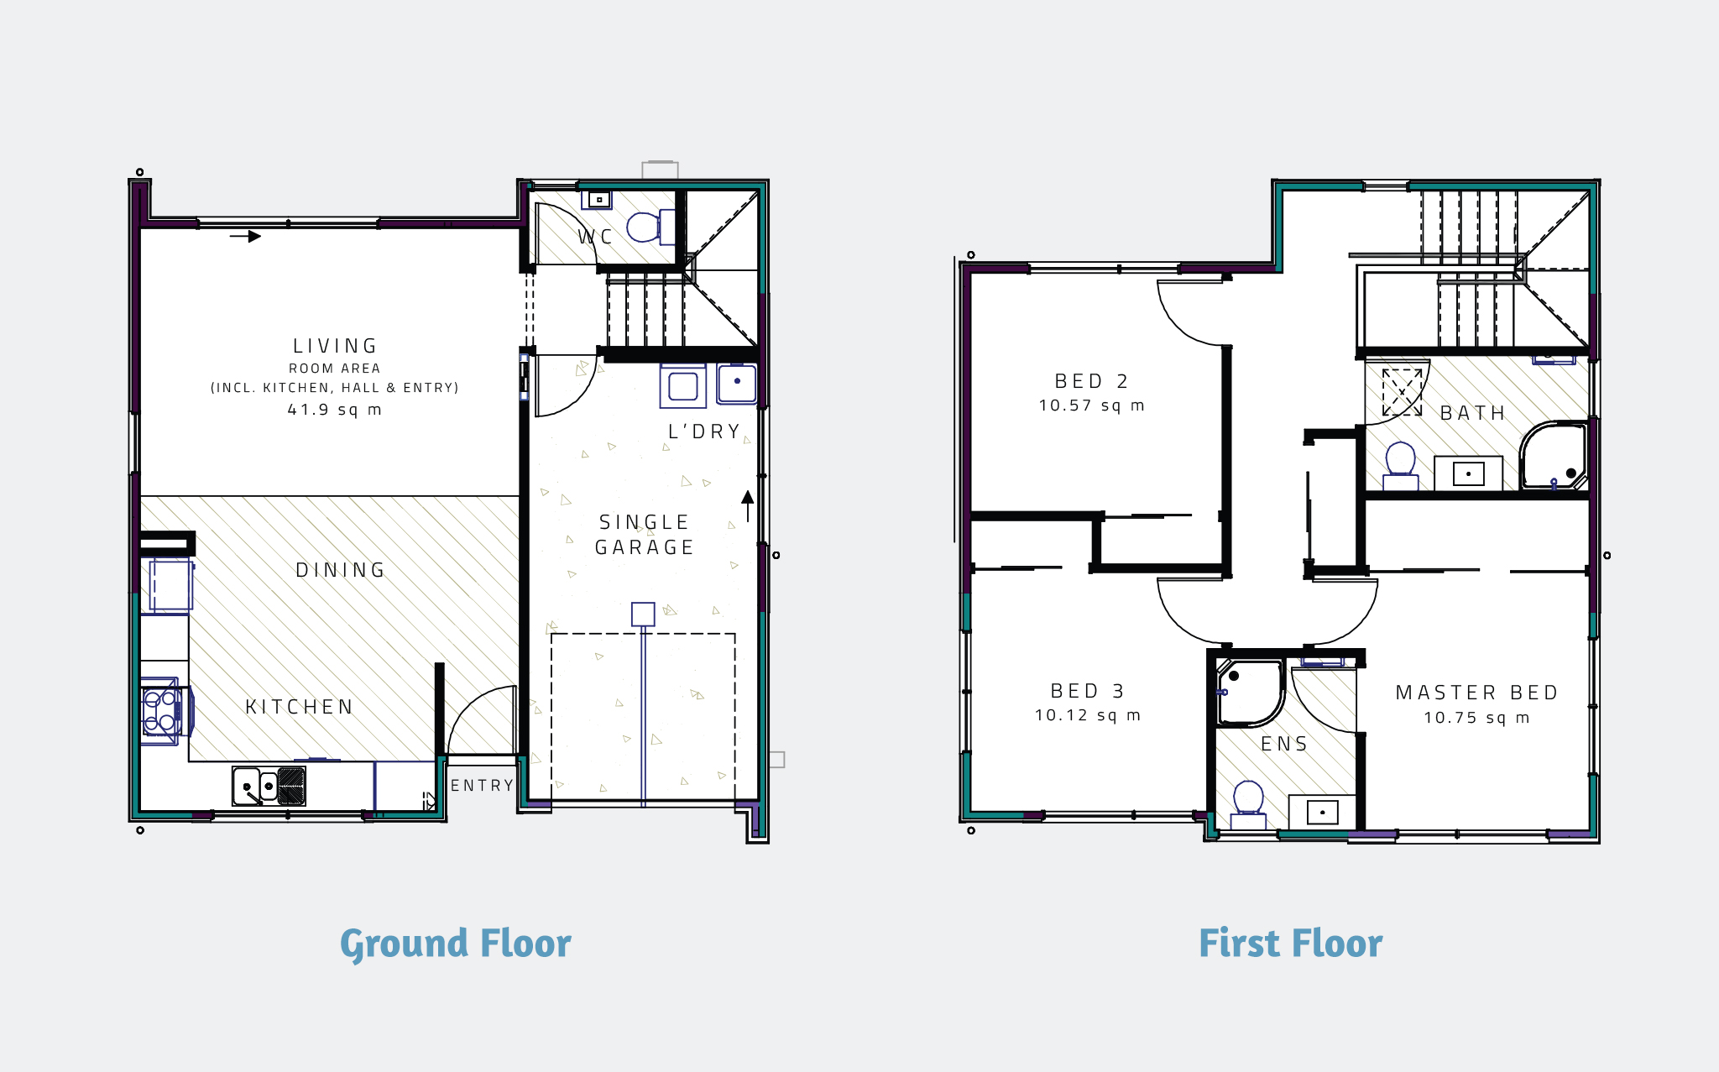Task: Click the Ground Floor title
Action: click(x=455, y=944)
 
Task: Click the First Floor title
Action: click(x=1290, y=944)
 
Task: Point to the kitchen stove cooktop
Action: click(x=160, y=711)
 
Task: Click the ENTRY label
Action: click(x=482, y=786)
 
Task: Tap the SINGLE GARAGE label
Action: click(x=644, y=535)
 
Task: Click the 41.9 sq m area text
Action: click(x=334, y=410)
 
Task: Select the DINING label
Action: click(x=340, y=570)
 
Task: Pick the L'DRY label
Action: click(x=704, y=431)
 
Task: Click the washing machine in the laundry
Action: click(x=682, y=386)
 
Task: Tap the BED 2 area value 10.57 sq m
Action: click(x=1091, y=405)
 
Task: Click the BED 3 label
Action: click(x=1087, y=691)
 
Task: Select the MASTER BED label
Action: click(x=1476, y=693)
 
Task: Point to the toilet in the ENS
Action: click(x=1248, y=802)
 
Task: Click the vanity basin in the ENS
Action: click(x=1322, y=812)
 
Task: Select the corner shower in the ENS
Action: click(x=1250, y=692)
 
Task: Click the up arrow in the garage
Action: click(x=747, y=505)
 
